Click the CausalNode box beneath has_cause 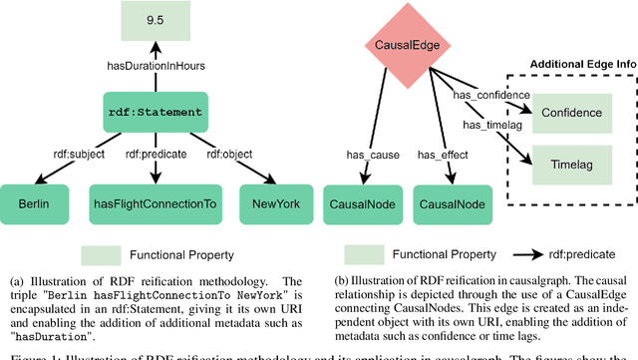tap(363, 204)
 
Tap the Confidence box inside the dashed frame tap(571, 113)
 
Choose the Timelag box tap(571, 162)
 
